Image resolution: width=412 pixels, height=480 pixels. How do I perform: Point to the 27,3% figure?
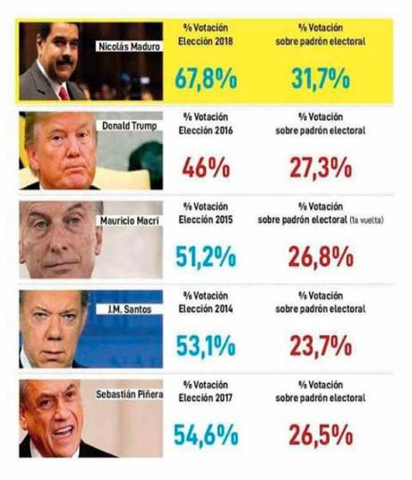[x=321, y=167]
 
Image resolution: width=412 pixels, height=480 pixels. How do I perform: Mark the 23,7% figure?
[x=321, y=345]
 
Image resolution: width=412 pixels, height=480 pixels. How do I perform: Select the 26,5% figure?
[x=321, y=436]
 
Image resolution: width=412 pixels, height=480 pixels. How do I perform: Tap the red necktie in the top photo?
[x=64, y=90]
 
